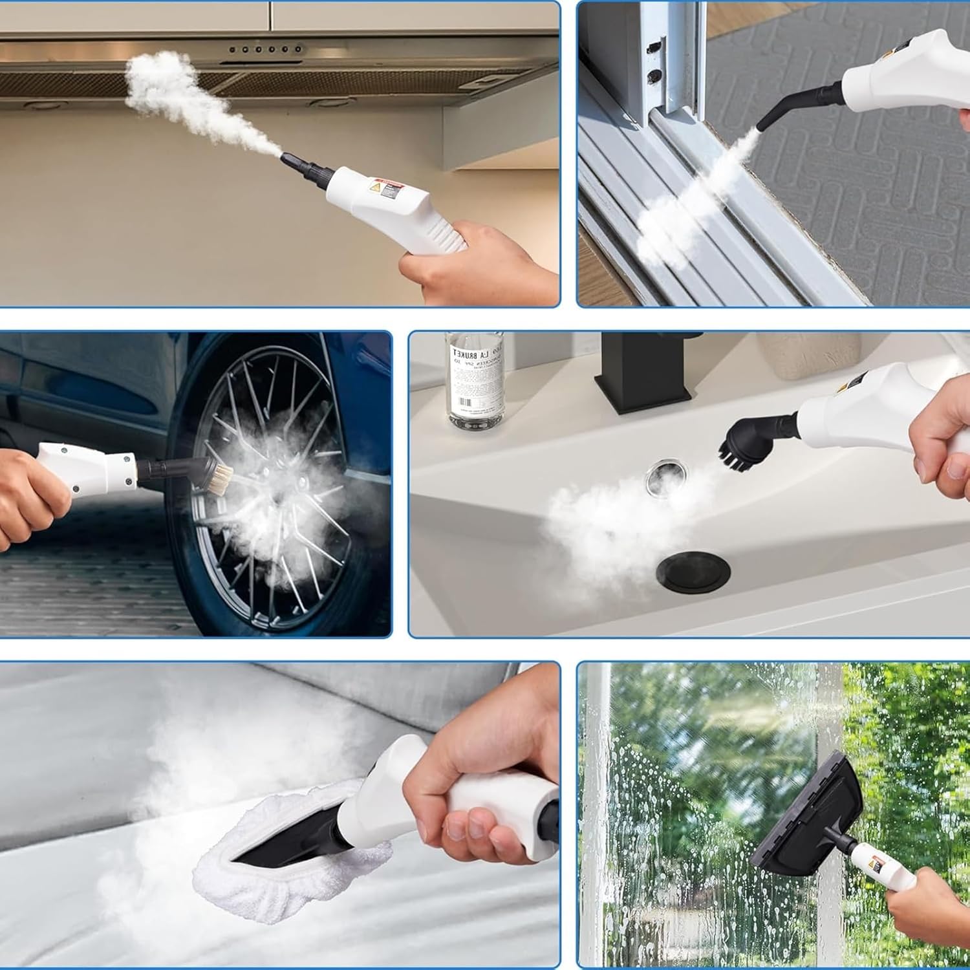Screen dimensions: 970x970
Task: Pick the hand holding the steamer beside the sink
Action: tap(941, 446)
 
